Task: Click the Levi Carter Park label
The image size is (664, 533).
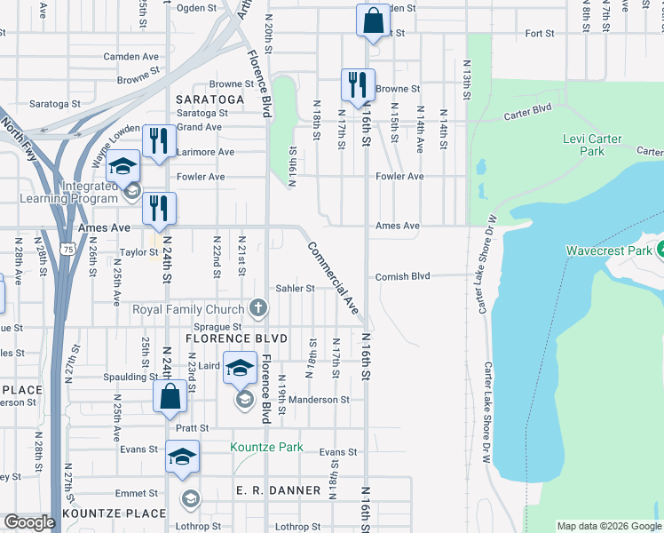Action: pos(592,145)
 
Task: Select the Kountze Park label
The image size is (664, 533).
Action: pos(266,447)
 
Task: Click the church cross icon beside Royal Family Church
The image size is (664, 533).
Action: pos(258,308)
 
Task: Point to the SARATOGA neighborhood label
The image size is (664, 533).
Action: pos(209,99)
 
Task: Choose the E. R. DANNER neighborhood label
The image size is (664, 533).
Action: pos(272,490)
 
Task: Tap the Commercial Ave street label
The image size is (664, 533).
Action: pos(334,279)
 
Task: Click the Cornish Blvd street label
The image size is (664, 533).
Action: pos(402,276)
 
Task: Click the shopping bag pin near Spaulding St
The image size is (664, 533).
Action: pos(170,397)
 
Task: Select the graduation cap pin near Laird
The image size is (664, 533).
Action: pos(239,369)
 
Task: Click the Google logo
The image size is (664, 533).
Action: pos(29,522)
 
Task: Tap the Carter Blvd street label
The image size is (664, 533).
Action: pos(527,113)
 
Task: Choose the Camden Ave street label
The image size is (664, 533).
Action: pos(130,56)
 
